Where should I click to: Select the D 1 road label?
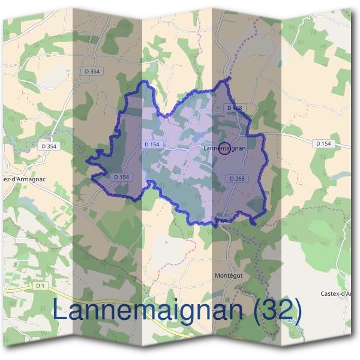coord(40,286)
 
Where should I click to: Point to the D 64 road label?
coord(221,221)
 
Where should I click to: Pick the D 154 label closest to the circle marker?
coord(152,145)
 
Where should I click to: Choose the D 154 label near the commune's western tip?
coord(121,177)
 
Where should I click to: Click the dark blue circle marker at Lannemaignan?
coord(224,148)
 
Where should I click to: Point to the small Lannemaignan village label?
coord(225,148)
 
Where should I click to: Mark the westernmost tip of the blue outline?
coord(88,161)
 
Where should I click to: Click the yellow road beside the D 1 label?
coord(18,289)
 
